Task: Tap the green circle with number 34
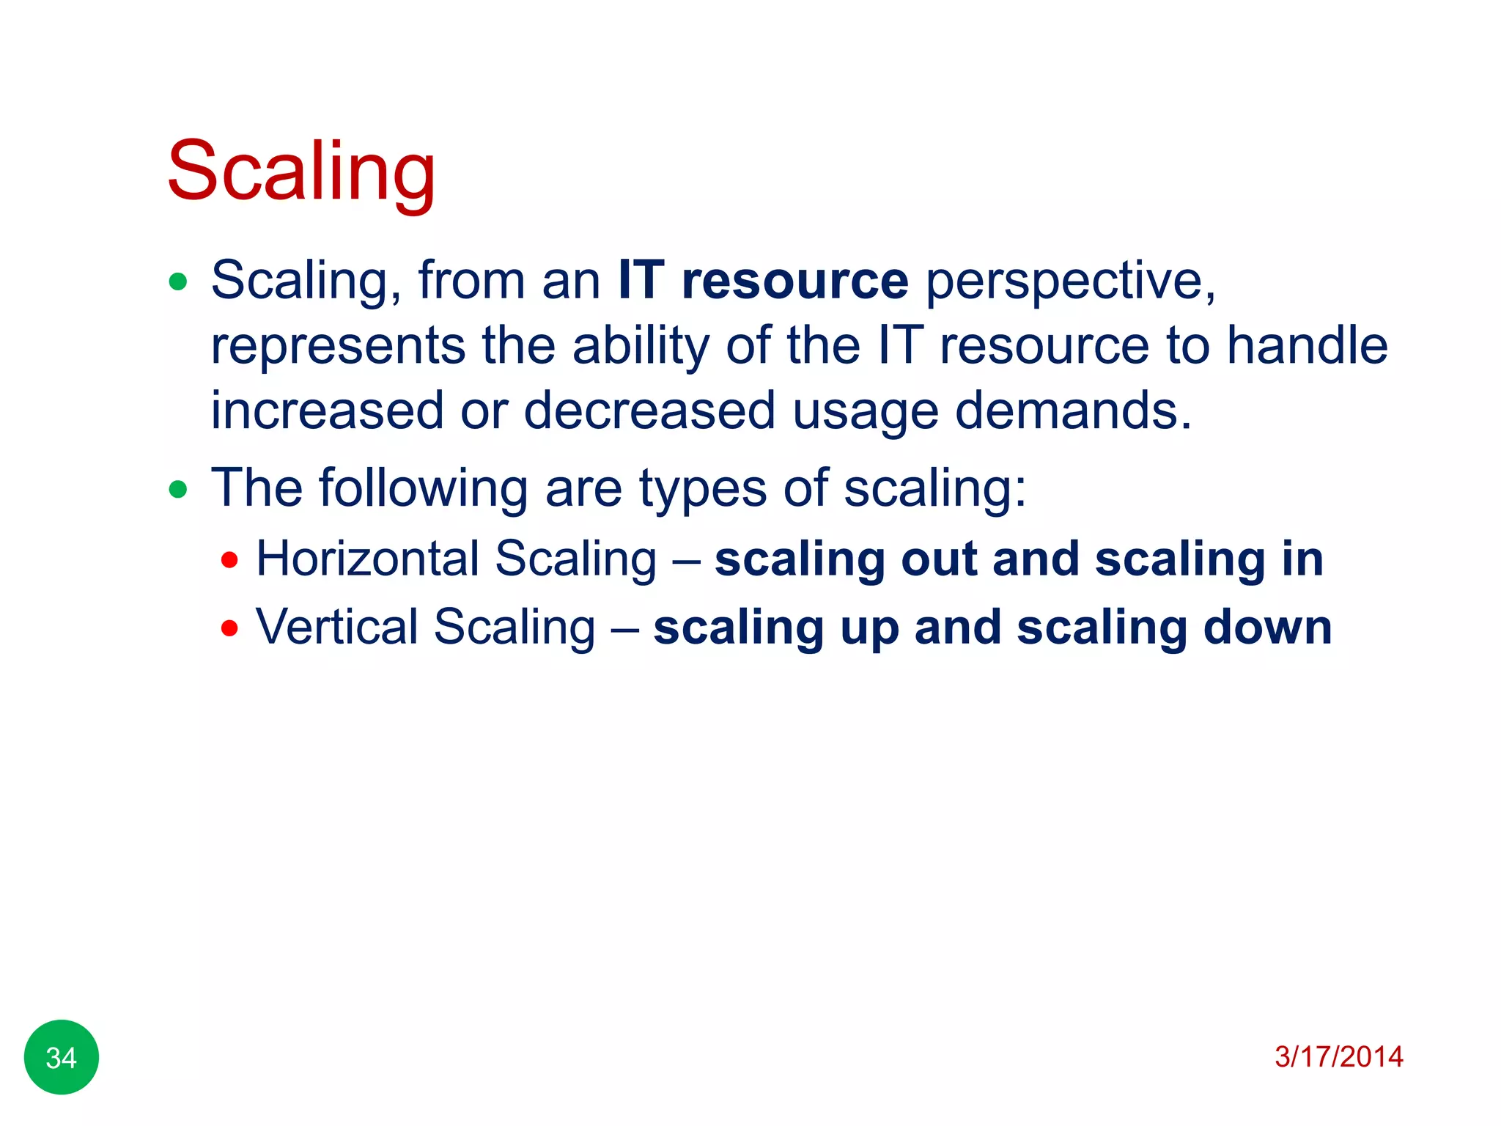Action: [x=62, y=1057]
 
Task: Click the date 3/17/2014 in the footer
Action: [x=1338, y=1056]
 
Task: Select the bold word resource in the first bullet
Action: [x=794, y=281]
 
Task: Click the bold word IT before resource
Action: [x=641, y=281]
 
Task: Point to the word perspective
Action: [x=1070, y=282]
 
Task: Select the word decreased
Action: [x=649, y=410]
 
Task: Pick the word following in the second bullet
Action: [x=423, y=489]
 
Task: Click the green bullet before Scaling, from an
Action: [x=178, y=281]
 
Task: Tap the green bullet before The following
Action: [x=178, y=489]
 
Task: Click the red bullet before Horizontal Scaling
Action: [x=229, y=561]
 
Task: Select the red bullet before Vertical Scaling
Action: [x=229, y=628]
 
